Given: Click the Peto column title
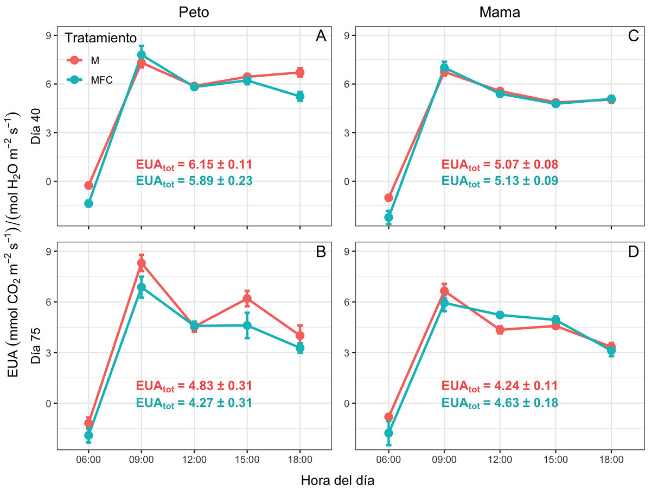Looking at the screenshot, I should tap(194, 12).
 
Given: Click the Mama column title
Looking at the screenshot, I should tap(499, 12).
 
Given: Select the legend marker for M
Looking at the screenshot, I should tap(75, 60).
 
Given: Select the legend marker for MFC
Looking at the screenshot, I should tap(75, 79).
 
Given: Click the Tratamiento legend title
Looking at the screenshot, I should tap(100, 38).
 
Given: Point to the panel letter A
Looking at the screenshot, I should tap(321, 36).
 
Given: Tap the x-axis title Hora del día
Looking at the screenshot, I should tap(337, 480).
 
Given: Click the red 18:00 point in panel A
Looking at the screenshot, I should tap(300, 72).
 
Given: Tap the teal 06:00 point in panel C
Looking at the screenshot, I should tap(388, 217).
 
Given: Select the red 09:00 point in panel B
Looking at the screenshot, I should tap(142, 264).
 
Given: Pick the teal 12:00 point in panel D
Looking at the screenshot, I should tap(500, 315).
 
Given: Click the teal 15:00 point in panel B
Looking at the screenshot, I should tap(247, 325).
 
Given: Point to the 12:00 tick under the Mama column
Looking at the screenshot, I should tap(500, 459).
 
